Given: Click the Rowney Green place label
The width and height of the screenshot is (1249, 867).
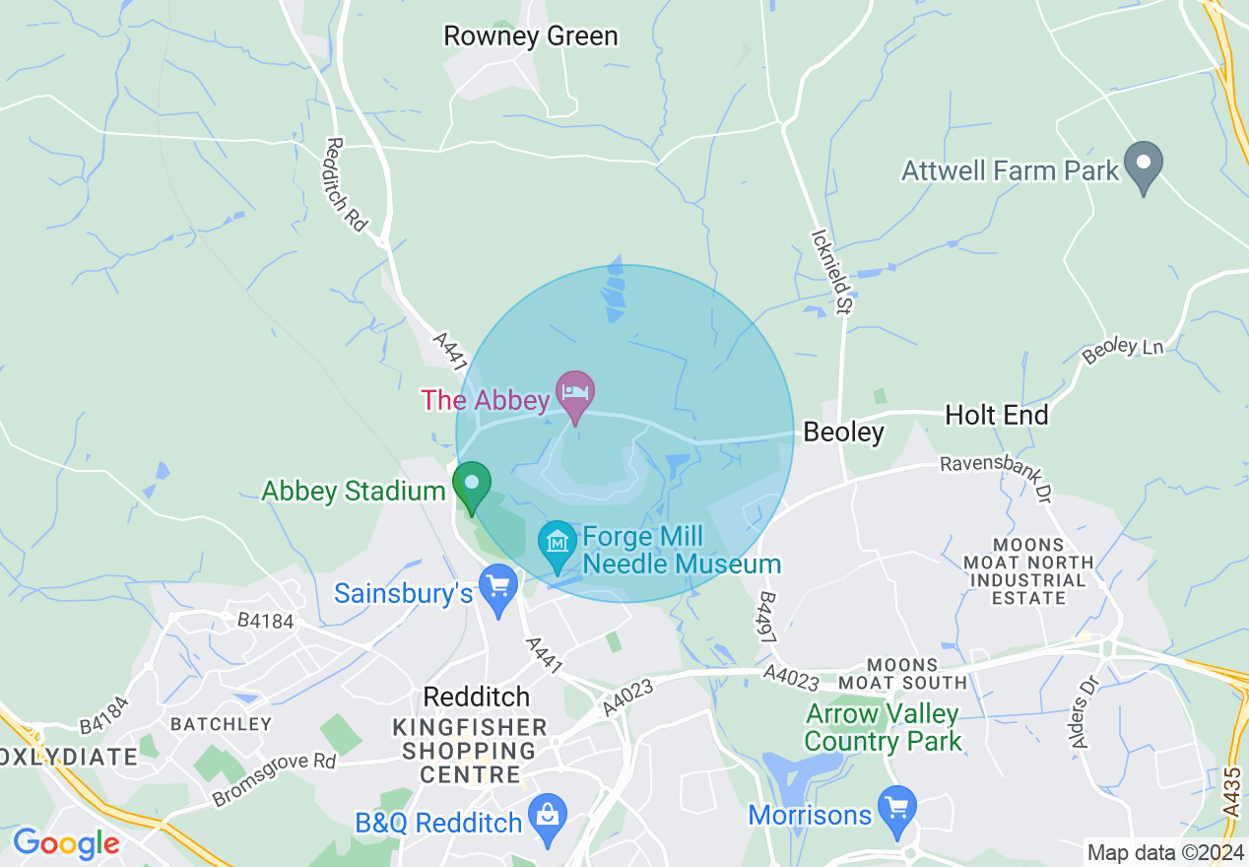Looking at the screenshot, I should pyautogui.click(x=531, y=36).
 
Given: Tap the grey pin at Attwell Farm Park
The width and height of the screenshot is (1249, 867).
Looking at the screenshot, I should pyautogui.click(x=1144, y=167).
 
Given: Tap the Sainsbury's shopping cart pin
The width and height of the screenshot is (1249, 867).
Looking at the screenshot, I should pyautogui.click(x=498, y=588).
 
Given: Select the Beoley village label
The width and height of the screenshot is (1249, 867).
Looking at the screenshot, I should pyautogui.click(x=843, y=432).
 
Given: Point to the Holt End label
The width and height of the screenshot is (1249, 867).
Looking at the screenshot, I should pyautogui.click(x=996, y=415).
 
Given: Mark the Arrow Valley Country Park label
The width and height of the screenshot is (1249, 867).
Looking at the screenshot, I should pyautogui.click(x=883, y=727).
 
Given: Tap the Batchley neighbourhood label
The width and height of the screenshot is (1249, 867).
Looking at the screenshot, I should pyautogui.click(x=221, y=724).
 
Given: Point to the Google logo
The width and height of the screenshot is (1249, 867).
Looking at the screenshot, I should pyautogui.click(x=66, y=843).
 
